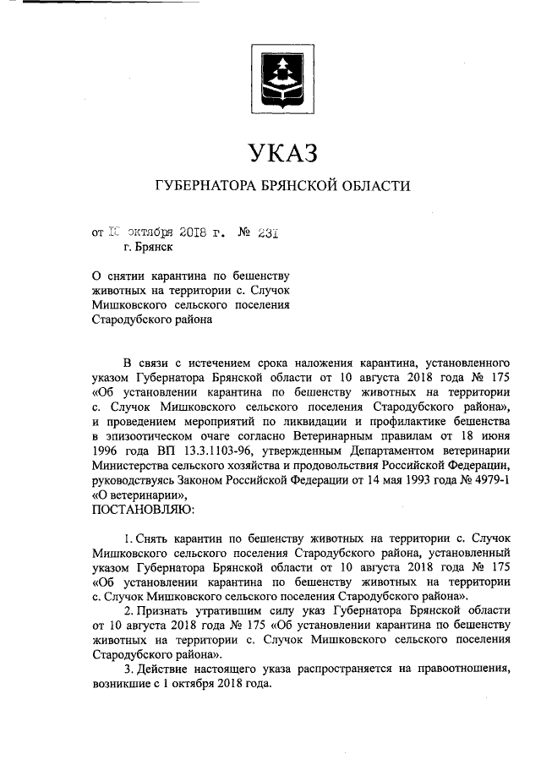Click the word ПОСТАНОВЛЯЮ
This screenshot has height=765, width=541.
pyautogui.click(x=141, y=511)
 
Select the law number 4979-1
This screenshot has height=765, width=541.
pyautogui.click(x=487, y=480)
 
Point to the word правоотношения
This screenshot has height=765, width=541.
pyautogui.click(x=456, y=670)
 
